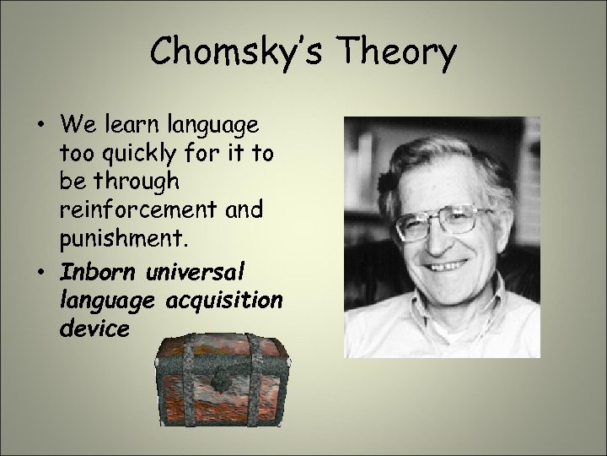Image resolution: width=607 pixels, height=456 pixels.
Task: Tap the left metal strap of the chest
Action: click(180, 380)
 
